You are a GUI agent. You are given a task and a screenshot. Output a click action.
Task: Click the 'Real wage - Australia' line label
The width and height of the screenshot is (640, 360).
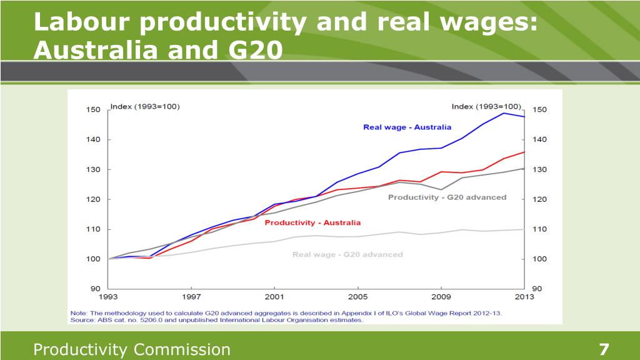407,127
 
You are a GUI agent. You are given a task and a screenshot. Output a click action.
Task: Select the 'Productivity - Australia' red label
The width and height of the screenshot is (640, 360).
312,222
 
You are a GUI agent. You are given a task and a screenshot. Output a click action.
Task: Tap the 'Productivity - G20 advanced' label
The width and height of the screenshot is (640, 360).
447,197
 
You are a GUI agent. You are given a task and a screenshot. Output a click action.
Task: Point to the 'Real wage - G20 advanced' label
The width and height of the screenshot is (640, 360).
347,254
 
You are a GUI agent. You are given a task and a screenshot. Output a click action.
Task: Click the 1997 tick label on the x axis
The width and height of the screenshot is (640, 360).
191,297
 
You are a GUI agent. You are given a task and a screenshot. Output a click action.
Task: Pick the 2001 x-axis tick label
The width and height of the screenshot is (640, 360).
274,297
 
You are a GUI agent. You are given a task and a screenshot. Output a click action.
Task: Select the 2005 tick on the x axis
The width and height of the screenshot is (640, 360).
357,297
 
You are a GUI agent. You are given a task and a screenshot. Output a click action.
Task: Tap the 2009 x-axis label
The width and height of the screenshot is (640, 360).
441,297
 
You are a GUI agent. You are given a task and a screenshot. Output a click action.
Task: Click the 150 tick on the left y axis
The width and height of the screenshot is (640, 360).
92,110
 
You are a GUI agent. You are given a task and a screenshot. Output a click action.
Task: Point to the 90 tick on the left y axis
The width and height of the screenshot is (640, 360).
95,289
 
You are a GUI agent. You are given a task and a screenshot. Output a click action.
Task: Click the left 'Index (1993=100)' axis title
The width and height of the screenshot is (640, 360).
145,106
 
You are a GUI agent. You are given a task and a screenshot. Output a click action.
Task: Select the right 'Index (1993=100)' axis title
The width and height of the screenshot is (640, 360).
486,106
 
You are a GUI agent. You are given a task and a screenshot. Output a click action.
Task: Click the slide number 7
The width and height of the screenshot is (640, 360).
604,349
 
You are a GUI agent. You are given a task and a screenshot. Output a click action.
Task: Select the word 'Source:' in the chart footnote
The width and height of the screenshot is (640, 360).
81,319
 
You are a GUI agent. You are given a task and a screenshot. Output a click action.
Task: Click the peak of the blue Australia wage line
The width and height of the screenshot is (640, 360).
504,113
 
